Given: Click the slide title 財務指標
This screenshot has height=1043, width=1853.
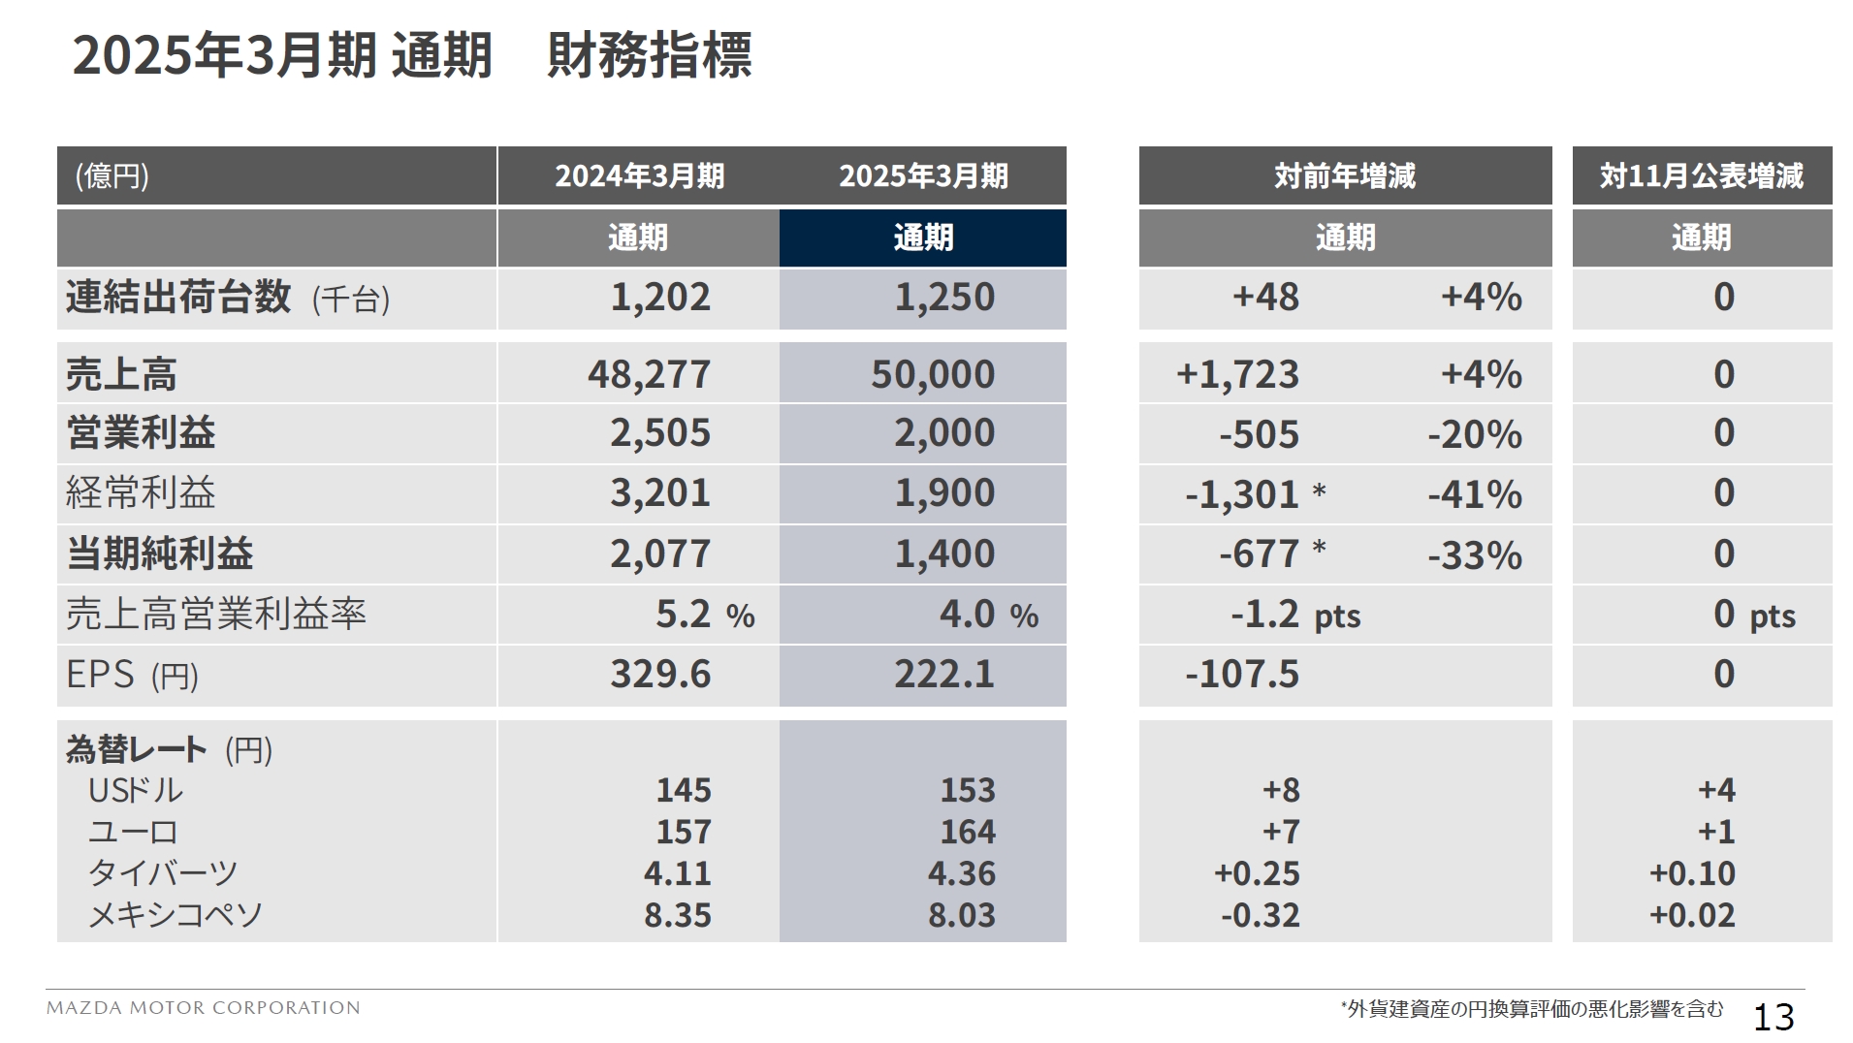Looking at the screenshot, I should coord(649,55).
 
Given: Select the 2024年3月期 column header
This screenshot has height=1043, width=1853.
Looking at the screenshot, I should coord(639,176).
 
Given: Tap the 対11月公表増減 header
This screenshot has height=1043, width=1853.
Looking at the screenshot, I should coord(1701,176).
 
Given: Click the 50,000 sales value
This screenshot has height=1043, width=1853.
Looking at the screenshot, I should coord(932,375).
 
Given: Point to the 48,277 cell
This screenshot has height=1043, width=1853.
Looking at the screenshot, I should coord(649,375).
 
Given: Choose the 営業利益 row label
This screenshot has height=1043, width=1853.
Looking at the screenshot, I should coord(141,433).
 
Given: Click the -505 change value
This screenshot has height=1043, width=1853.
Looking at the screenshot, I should coord(1259,435).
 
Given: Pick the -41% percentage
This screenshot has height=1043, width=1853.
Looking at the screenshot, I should coord(1474,495).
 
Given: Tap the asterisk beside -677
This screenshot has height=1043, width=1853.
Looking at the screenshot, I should coord(1319,550).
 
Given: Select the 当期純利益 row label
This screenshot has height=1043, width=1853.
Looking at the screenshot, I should coord(160,554).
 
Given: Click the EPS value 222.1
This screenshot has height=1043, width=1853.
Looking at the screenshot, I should coord(943,675).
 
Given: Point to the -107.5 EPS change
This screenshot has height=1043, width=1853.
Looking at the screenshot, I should coord(1241,675).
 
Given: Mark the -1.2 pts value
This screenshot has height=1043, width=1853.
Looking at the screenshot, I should coord(1294,616).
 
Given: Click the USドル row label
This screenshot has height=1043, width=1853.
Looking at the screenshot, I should coord(135,791).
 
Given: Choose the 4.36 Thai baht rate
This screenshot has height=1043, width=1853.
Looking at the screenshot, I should coord(961,874).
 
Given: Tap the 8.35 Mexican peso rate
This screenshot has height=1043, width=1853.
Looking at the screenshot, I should coord(677,916).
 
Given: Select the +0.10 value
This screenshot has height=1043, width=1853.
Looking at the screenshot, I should coord(1691,874).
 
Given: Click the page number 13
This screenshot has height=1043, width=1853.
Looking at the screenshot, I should coord(1773,1017).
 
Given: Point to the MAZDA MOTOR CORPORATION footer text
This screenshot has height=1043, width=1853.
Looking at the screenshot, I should coord(204,1008).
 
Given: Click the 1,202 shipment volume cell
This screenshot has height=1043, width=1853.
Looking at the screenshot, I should coord(659,298).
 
